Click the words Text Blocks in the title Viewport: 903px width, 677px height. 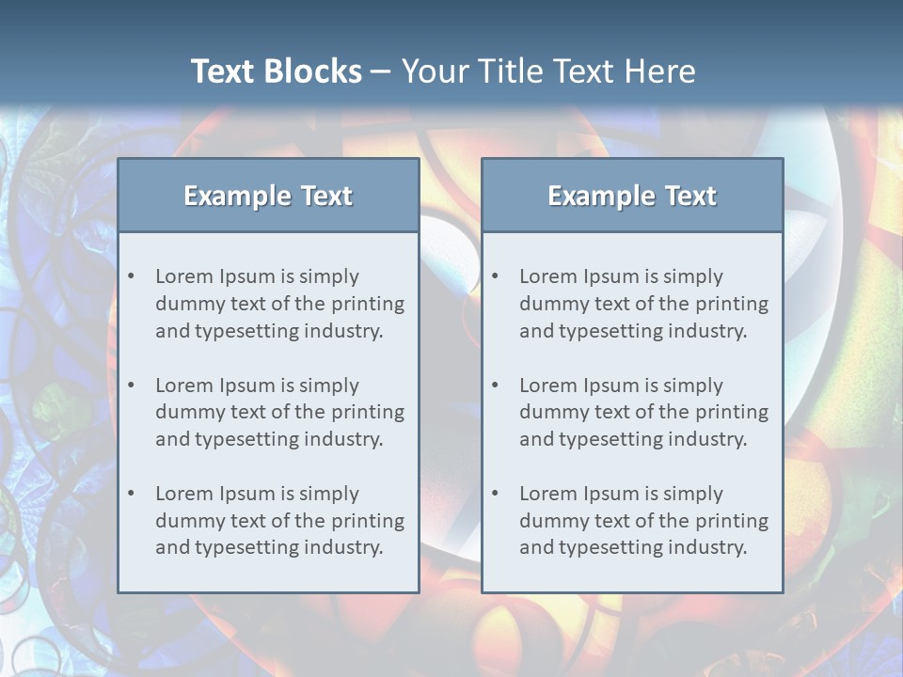(276, 71)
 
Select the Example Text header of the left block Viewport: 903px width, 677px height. (268, 196)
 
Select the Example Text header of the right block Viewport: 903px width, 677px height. (632, 196)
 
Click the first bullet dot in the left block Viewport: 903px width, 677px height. (131, 276)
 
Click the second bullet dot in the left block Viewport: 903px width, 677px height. (131, 386)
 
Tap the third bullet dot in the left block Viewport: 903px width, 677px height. (131, 494)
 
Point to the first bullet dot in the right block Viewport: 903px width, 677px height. (495, 276)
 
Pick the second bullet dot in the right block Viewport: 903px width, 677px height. (495, 386)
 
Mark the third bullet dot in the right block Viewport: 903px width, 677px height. (495, 494)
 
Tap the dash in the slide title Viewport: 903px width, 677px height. (381, 71)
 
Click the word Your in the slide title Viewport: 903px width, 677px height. (434, 71)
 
